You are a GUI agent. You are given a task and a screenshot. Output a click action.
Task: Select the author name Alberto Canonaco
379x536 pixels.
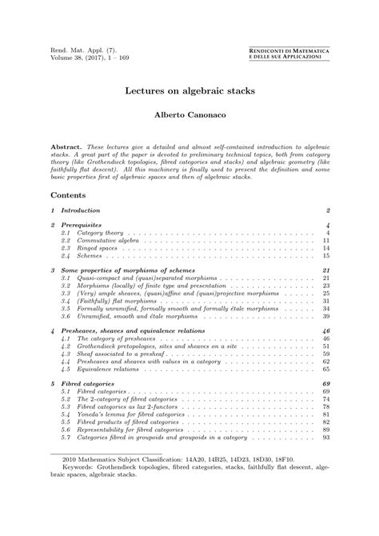tap(189, 116)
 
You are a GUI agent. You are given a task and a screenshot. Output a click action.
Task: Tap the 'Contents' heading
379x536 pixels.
tap(70, 194)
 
